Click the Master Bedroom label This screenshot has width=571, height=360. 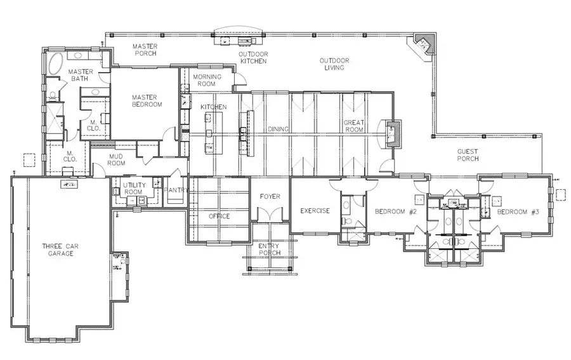(147, 100)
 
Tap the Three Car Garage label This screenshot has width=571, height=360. (58, 250)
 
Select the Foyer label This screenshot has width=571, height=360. (270, 197)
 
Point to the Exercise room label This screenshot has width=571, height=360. (315, 211)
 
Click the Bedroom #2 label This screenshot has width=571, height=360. (395, 211)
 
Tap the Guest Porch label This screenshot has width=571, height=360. (468, 155)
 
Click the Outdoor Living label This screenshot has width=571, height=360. (334, 64)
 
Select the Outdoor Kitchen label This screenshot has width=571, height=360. (252, 58)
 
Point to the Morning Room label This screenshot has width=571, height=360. (207, 81)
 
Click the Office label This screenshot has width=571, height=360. (219, 217)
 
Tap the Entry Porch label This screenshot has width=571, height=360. (270, 250)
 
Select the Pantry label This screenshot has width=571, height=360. (176, 190)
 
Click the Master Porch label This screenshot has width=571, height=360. (144, 50)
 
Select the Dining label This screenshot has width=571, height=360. (278, 129)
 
